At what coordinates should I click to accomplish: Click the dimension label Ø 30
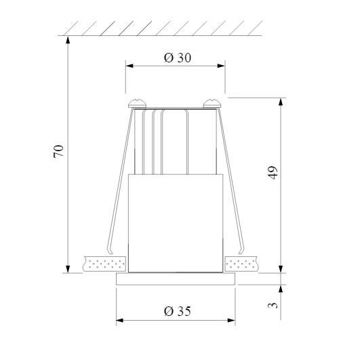click(177, 58)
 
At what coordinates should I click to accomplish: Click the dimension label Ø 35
click(177, 311)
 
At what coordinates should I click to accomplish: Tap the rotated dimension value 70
click(59, 151)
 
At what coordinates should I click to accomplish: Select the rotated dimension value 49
click(273, 172)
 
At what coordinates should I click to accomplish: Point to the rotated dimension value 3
click(273, 304)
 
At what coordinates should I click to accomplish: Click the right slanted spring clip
click(235, 183)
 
